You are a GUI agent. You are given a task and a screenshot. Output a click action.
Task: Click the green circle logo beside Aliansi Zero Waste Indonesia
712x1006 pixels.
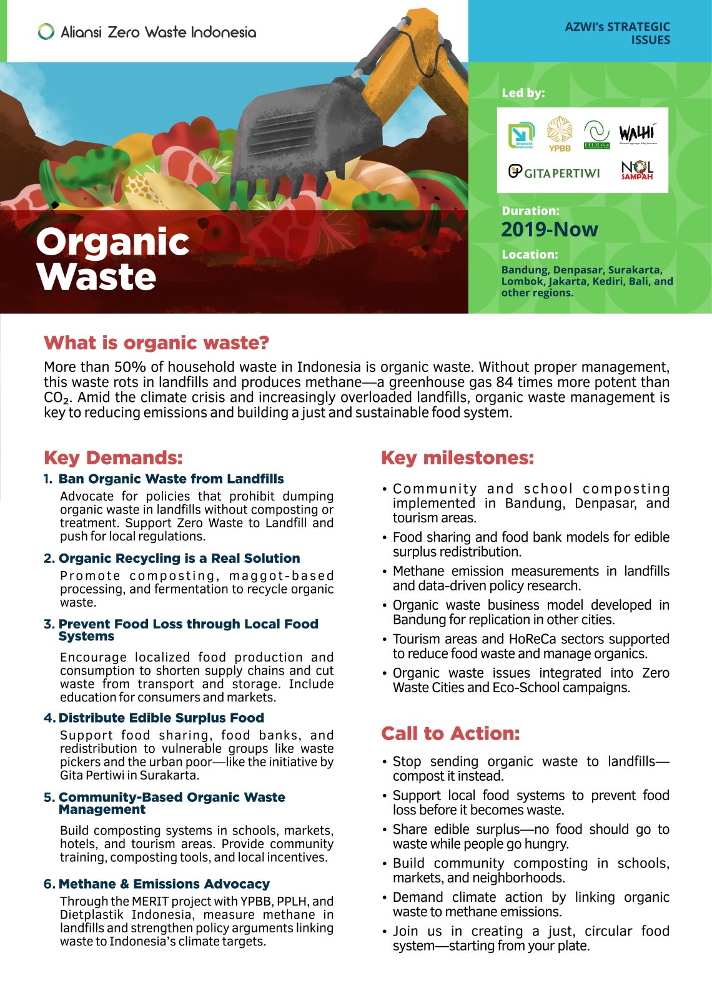point(46,32)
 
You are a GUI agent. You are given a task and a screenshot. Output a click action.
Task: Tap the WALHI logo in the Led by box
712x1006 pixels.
point(638,134)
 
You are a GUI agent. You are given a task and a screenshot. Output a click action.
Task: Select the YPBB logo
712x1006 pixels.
point(560,134)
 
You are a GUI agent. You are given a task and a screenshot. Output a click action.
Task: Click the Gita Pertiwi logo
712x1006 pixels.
point(554,172)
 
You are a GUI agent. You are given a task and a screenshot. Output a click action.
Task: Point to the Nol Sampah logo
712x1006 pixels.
point(637,170)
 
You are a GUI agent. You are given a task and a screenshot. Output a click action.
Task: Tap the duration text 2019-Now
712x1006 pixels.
point(550,230)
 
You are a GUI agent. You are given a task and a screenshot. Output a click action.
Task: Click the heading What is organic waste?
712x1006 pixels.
point(156,343)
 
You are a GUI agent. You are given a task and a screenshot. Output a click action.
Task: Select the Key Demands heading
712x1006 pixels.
point(113,457)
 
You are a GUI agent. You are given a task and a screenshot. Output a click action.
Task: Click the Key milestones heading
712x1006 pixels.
point(458,457)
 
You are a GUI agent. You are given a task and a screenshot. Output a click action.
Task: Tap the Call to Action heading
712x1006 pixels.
point(450,733)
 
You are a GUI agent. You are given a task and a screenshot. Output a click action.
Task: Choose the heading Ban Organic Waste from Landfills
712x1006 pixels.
point(171,479)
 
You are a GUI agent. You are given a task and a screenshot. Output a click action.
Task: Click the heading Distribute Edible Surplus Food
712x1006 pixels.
point(161,718)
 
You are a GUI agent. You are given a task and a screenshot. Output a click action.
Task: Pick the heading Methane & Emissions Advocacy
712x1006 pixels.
point(164,884)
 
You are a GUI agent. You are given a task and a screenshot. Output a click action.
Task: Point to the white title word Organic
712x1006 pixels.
point(112,242)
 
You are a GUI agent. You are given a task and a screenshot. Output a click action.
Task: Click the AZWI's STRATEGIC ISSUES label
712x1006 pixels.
point(617,33)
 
